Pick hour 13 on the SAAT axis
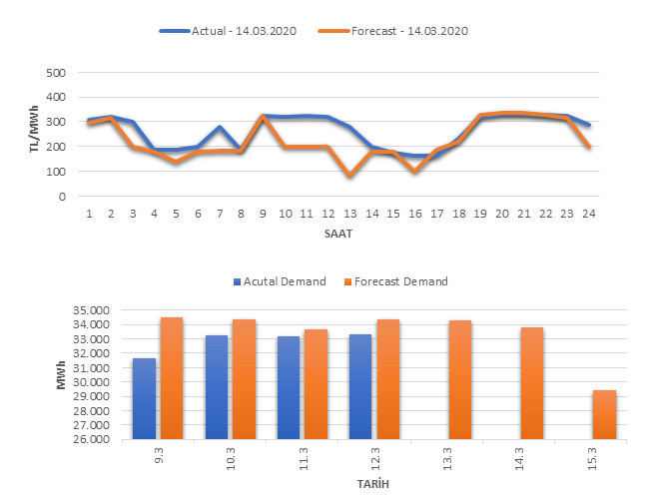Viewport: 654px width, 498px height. [349, 214]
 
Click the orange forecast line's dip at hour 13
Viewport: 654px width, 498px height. [349, 176]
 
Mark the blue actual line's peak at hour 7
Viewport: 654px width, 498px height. [220, 128]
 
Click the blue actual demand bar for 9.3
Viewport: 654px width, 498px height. [144, 399]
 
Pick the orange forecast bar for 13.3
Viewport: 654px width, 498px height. [460, 379]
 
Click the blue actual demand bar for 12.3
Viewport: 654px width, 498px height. [359, 386]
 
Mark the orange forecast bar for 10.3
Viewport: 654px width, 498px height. [244, 379]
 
